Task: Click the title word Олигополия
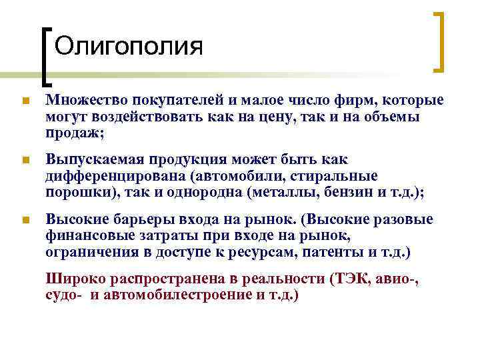pos(128,46)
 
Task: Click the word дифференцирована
pos(116,176)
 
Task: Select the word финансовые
pos(89,236)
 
